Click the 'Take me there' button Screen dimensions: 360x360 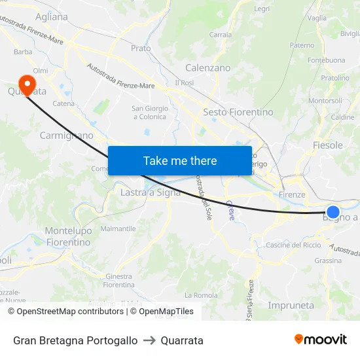(x=180, y=160)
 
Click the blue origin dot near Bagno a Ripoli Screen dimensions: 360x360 (x=333, y=212)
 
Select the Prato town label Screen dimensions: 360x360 (x=141, y=48)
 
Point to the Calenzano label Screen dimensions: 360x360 (x=207, y=67)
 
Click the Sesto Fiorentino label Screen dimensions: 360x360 (x=238, y=112)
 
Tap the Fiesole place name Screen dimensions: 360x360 (x=328, y=145)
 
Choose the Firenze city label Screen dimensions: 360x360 (x=292, y=194)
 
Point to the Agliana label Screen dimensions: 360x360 (x=52, y=17)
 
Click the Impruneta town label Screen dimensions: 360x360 (x=291, y=305)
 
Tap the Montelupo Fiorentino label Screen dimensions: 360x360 (x=67, y=236)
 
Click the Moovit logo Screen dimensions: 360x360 (x=321, y=340)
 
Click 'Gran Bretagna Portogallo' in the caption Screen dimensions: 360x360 (x=75, y=340)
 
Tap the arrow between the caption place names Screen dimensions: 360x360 (x=149, y=340)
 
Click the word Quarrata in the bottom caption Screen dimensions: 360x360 (x=182, y=340)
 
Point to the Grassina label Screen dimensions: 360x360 (x=328, y=260)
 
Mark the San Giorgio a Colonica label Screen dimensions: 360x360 (x=150, y=113)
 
